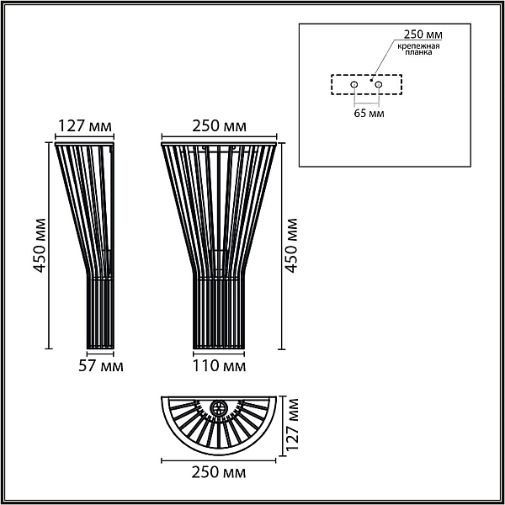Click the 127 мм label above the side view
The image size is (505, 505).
(x=85, y=126)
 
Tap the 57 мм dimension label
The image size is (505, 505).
(x=101, y=366)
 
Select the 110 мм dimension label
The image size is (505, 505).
(x=219, y=366)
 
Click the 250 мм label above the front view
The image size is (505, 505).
(x=220, y=126)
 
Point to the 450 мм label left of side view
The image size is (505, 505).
(x=40, y=246)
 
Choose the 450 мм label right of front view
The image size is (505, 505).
(x=291, y=246)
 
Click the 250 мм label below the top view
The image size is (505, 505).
(x=219, y=472)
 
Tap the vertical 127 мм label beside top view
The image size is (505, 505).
(x=292, y=424)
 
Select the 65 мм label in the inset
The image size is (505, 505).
(x=369, y=114)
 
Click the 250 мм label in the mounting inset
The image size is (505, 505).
(x=423, y=35)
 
